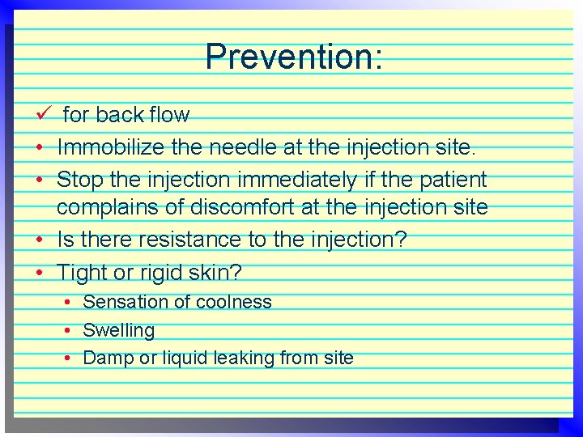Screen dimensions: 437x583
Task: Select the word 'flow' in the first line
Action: [169, 115]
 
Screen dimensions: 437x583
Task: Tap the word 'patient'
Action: [452, 178]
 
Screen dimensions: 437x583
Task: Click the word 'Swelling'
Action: [119, 330]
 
